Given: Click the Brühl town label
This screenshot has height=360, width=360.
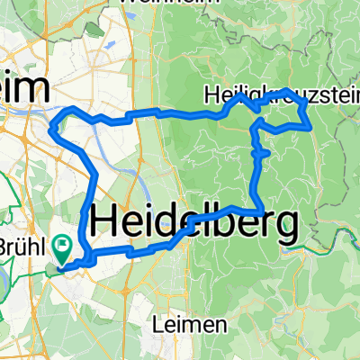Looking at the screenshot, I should tap(24, 244).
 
